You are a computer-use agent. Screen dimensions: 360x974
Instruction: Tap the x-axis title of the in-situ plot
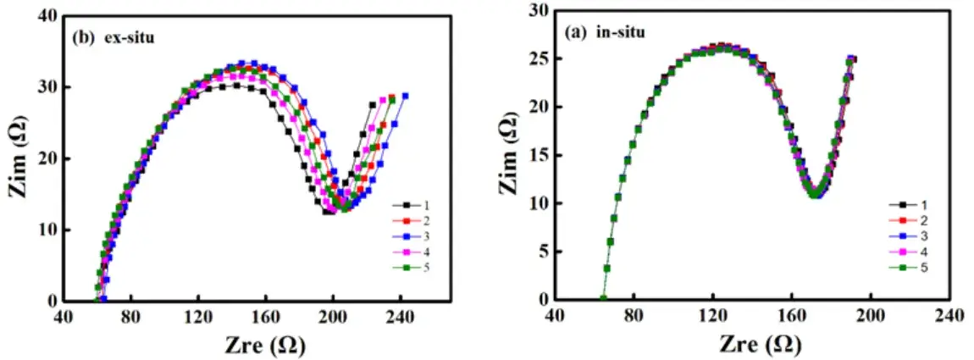(755, 344)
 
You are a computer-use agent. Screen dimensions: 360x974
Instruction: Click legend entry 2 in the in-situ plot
(905, 219)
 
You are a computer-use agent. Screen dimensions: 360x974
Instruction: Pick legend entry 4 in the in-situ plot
(905, 251)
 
